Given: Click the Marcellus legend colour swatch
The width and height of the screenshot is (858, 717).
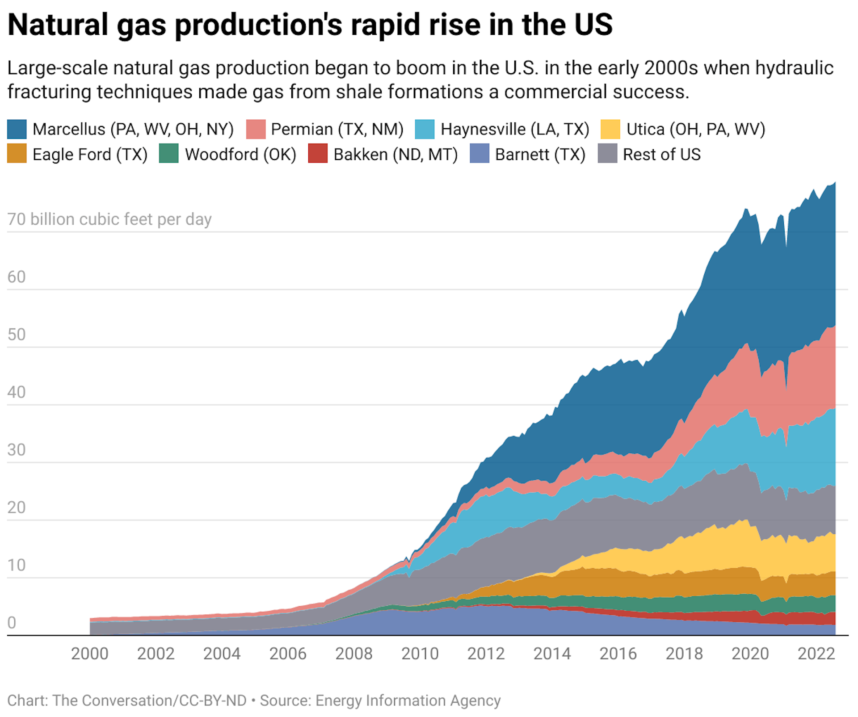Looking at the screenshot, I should (x=17, y=129).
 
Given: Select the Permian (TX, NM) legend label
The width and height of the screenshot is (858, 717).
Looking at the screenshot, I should (x=337, y=129).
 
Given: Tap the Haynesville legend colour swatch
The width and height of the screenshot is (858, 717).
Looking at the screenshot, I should (x=424, y=129).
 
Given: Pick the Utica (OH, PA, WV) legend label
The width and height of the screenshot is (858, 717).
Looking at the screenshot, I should (x=695, y=129).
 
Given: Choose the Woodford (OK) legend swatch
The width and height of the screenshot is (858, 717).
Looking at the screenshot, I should (x=168, y=154).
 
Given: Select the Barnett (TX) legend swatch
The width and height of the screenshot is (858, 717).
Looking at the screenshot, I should (x=479, y=154).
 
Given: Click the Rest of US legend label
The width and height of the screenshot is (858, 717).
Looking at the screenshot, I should (x=661, y=155).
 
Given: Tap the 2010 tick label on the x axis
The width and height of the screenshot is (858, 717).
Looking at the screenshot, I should (x=420, y=654).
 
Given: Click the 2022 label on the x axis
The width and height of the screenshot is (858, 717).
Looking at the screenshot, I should (x=816, y=654).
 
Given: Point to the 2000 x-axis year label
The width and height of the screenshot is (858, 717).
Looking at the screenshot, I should (x=89, y=654).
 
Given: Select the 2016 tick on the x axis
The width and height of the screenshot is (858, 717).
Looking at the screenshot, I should (x=618, y=654).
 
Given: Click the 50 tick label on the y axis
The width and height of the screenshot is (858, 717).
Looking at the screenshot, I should (x=17, y=335).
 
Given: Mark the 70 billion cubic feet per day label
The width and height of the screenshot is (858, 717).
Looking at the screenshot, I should (x=109, y=219).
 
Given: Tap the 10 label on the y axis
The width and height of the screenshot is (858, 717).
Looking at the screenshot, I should (x=17, y=565).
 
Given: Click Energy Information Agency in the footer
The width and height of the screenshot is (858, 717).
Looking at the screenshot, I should (x=408, y=700).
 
